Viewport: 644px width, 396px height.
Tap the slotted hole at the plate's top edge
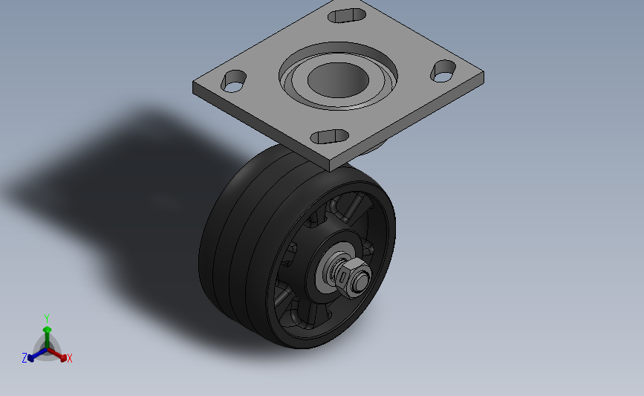click(347, 15)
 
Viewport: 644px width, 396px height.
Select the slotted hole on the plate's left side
click(233, 81)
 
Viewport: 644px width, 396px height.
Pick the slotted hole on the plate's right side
click(443, 71)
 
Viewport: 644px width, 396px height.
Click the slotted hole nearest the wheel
click(329, 137)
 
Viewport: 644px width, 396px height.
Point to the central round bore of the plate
click(338, 79)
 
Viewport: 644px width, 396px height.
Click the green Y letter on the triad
click(46, 319)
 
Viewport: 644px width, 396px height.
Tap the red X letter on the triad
click(69, 358)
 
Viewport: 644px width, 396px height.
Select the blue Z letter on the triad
click(25, 358)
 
